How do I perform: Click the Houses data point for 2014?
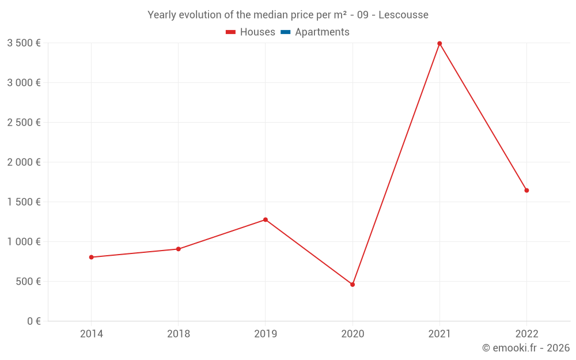coord(92,257)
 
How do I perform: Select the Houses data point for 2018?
coord(179,249)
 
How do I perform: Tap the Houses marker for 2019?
coord(266,219)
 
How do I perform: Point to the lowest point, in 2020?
coord(353,285)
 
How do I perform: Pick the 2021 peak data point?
coord(439,43)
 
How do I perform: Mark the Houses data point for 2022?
coord(526,190)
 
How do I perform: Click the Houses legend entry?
coord(251,32)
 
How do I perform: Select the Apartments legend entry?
coord(315,32)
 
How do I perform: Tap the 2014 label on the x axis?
coord(92,334)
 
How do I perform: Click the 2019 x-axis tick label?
coord(266,334)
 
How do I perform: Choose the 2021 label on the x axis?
coord(439,334)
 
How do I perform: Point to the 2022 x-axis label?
coord(526,334)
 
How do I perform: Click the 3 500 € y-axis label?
coord(24,43)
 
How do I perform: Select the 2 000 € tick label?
coord(24,162)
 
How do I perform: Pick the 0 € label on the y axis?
coord(34,321)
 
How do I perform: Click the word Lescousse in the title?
coord(403,14)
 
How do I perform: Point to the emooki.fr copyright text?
coord(526,348)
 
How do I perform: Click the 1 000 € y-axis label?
coord(24,241)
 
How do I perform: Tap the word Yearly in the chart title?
coord(162,14)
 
